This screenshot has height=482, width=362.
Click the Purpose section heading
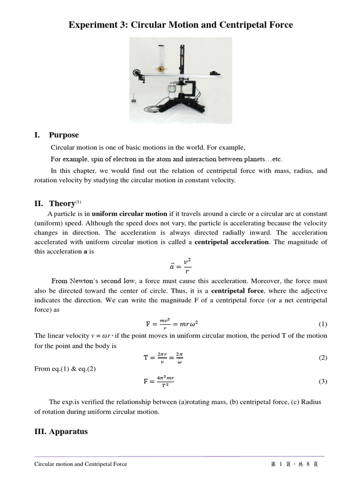[x=64, y=135]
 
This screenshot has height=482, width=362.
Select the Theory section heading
[x=62, y=203]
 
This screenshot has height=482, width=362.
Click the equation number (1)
[x=322, y=324]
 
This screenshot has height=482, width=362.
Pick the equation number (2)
[x=322, y=358]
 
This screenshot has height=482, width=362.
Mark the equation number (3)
[x=322, y=381]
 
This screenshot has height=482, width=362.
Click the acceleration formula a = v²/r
[x=181, y=266]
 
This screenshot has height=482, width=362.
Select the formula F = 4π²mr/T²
[x=159, y=381]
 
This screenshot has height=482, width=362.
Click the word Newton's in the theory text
[x=89, y=281]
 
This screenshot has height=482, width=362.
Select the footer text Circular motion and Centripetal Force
[x=81, y=464]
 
